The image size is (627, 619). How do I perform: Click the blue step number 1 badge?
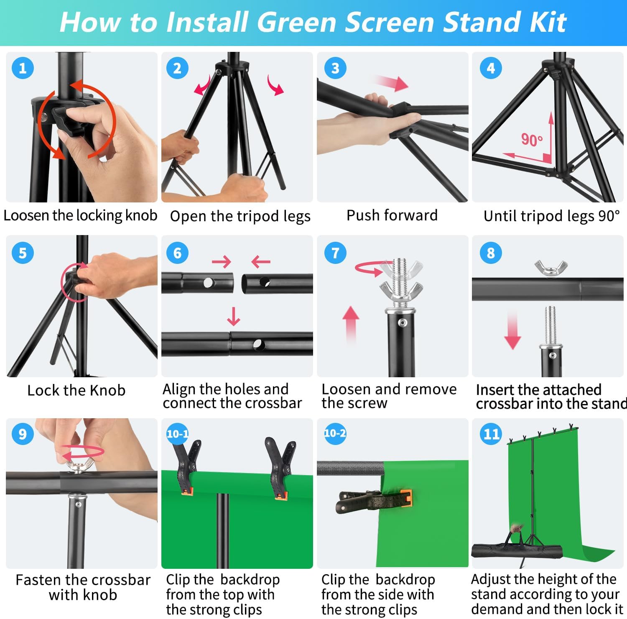23,68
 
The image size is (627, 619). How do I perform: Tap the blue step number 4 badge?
491,68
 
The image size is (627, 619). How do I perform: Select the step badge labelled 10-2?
335,433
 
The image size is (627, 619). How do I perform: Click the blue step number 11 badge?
491,434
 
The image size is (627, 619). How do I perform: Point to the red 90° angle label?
532,139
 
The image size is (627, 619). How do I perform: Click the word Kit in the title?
548,22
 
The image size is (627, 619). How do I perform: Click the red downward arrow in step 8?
512,329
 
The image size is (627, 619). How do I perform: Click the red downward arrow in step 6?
234,316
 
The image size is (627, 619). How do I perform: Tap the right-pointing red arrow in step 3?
391,83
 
